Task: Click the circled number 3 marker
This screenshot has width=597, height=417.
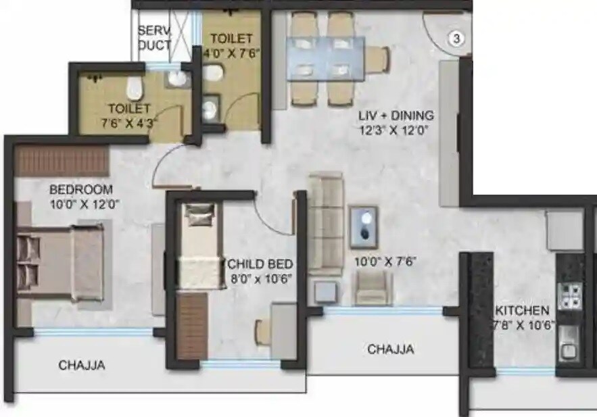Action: tap(456, 39)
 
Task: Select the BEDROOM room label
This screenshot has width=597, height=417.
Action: tap(80, 189)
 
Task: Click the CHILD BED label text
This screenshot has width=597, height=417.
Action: tap(260, 263)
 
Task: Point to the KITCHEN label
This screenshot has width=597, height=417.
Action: tap(521, 311)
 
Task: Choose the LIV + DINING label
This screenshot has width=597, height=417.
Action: tap(396, 115)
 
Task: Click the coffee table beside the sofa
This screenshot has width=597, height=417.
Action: tap(363, 228)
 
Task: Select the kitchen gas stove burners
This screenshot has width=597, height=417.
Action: tap(569, 295)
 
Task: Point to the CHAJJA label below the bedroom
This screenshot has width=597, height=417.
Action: tap(81, 366)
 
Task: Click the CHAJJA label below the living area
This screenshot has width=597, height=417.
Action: tap(390, 349)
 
